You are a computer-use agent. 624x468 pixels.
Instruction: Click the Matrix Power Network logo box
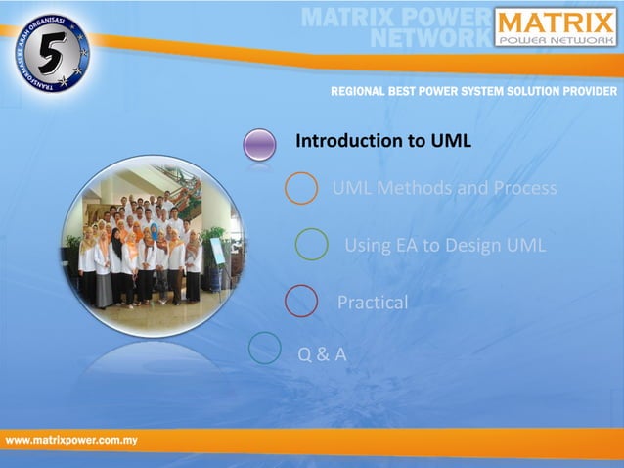pyautogui.click(x=555, y=27)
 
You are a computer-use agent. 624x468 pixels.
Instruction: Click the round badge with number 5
pyautogui.click(x=52, y=53)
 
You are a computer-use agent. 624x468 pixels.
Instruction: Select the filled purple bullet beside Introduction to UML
pyautogui.click(x=260, y=144)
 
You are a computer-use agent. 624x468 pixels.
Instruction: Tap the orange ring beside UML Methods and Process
pyautogui.click(x=301, y=188)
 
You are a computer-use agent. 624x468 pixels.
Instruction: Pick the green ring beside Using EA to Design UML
pyautogui.click(x=311, y=244)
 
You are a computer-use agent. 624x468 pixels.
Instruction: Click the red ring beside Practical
pyautogui.click(x=301, y=302)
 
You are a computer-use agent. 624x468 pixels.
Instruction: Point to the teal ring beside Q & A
pyautogui.click(x=265, y=348)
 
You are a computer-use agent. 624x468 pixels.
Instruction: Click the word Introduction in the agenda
pyautogui.click(x=349, y=141)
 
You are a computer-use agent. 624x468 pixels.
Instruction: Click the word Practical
pyautogui.click(x=373, y=303)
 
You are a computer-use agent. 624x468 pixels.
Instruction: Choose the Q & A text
pyautogui.click(x=322, y=353)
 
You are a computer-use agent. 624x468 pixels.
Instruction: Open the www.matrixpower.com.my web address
pyautogui.click(x=71, y=441)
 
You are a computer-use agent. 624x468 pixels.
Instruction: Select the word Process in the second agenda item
pyautogui.click(x=522, y=188)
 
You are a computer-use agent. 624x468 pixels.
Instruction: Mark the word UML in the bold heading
pyautogui.click(x=451, y=141)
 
